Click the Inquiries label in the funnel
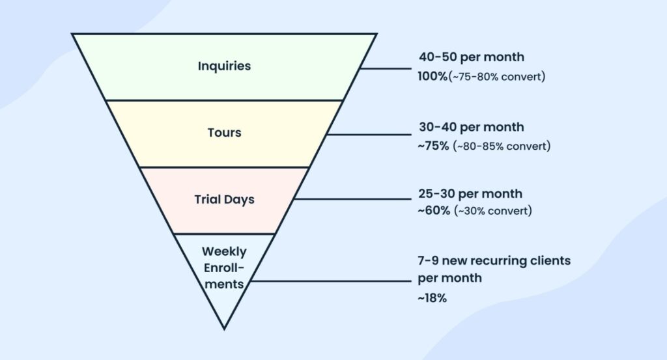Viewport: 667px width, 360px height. (x=224, y=66)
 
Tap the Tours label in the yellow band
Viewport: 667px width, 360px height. (x=224, y=133)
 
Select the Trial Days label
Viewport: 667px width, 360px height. (x=224, y=199)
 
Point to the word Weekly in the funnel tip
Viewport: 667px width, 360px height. (x=224, y=251)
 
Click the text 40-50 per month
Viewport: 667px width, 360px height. (x=471, y=57)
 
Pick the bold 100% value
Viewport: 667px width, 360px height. (x=433, y=76)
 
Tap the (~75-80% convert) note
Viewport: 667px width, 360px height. (x=496, y=77)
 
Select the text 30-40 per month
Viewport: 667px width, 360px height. (x=471, y=126)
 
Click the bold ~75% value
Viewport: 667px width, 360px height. (x=433, y=146)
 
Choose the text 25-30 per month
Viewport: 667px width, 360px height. (x=470, y=194)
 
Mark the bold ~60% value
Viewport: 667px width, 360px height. (x=433, y=211)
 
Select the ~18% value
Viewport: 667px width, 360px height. (x=432, y=298)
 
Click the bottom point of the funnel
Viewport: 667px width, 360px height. (x=224, y=327)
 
